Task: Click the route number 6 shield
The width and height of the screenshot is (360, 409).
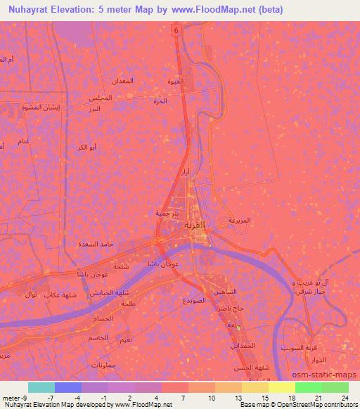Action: pos(176,32)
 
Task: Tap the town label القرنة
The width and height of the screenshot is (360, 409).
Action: pos(176,227)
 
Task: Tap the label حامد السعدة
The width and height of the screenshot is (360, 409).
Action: pos(93,244)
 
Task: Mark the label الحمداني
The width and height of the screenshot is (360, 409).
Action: pos(243,346)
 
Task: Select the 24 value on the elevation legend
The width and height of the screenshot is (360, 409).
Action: pos(345,397)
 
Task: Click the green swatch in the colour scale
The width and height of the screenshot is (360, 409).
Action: pos(309,387)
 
